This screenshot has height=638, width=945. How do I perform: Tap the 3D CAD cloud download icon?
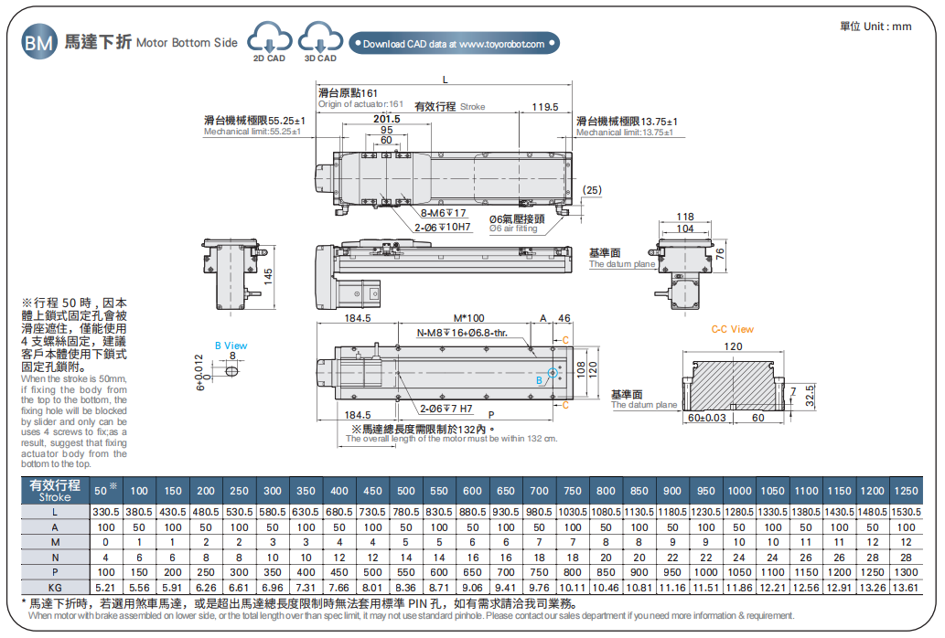(320, 39)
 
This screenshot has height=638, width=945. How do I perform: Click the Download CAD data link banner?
(454, 44)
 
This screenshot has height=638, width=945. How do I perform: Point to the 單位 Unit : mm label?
(875, 27)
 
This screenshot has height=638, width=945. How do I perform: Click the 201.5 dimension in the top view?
(386, 119)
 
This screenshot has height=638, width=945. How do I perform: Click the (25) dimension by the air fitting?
(592, 189)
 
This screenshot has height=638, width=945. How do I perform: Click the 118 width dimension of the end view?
(684, 218)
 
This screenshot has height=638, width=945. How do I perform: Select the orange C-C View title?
(732, 329)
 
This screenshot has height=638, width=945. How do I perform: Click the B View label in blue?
(231, 346)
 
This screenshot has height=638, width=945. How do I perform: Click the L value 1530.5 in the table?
(906, 512)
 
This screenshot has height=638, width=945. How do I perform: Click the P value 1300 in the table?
(906, 570)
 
